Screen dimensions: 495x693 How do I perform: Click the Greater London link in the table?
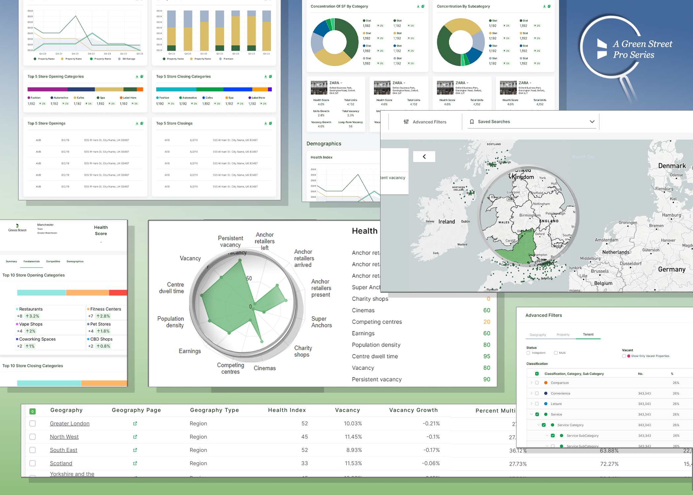(70, 423)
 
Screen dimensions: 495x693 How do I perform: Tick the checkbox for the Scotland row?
(33, 463)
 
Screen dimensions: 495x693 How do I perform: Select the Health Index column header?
(287, 410)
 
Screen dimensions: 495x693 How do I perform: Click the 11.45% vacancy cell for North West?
(353, 437)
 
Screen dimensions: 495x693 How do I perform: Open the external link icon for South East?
(135, 450)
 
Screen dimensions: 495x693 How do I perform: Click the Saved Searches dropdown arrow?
(592, 122)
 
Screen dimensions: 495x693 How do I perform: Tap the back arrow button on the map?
(424, 157)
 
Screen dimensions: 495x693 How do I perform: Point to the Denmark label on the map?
(672, 166)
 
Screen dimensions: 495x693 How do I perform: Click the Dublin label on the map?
(465, 221)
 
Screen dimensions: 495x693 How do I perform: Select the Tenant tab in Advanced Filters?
(588, 335)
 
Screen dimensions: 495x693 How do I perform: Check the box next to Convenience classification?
(537, 393)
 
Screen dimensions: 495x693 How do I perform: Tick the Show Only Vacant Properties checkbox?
(624, 356)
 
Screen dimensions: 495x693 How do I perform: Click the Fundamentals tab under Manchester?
(32, 261)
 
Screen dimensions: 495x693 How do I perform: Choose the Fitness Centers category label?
(106, 309)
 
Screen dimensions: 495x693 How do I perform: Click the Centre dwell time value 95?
(486, 356)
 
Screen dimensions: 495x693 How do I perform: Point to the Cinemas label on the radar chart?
(265, 368)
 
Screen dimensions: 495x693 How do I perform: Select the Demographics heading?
(324, 144)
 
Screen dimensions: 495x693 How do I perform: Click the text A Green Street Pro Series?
(642, 49)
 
